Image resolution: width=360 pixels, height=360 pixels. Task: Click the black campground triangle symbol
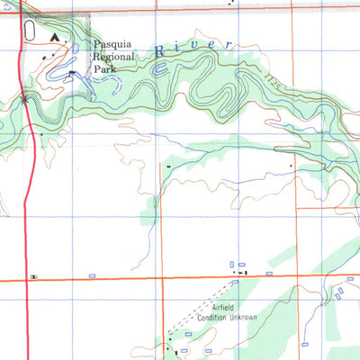56,38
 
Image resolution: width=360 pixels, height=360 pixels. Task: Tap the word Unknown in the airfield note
243,318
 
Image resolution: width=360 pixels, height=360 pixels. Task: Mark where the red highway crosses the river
27,101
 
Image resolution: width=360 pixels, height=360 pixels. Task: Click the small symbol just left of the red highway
33,276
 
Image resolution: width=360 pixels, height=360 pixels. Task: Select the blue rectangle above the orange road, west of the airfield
92,274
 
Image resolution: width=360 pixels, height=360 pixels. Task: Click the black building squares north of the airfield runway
240,271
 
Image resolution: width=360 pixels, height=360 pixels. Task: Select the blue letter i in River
176,49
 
